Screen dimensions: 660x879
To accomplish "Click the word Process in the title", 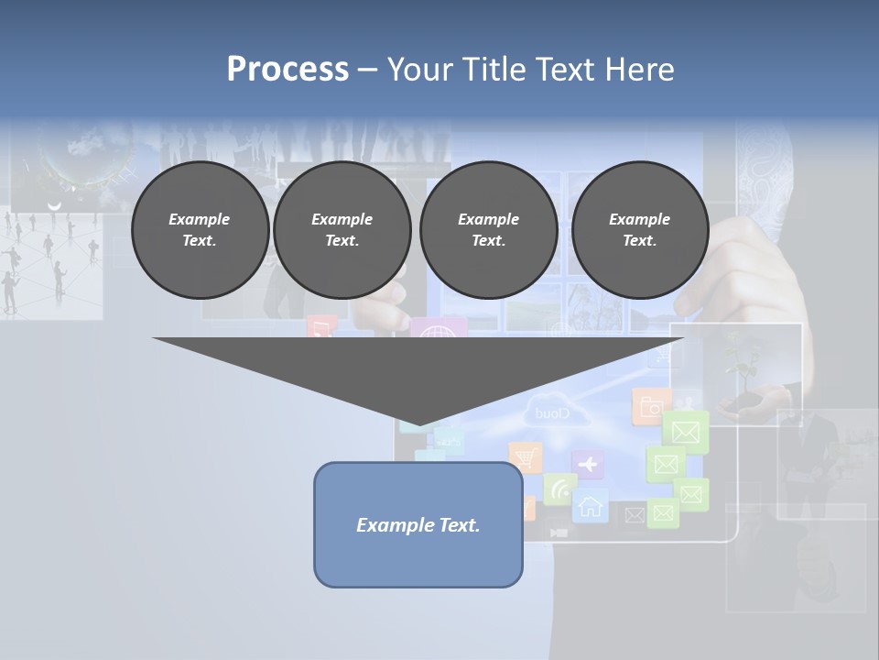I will (288, 69).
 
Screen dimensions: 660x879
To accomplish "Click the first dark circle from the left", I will (200, 230).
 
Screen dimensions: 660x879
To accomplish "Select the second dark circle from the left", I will (342, 230).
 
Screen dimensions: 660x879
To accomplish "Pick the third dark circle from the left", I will (488, 230).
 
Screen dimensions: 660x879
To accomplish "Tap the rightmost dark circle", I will (639, 230).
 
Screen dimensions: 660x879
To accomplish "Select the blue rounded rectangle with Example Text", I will (418, 524).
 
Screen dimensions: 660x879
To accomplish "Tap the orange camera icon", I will (649, 407).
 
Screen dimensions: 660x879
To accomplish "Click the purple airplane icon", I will (587, 465).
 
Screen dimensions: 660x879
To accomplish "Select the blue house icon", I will (591, 505).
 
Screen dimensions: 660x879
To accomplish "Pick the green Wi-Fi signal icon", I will (559, 489).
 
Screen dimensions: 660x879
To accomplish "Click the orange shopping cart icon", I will (525, 458).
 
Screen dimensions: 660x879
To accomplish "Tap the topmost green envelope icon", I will (686, 430).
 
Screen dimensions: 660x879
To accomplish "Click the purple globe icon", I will (437, 330).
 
